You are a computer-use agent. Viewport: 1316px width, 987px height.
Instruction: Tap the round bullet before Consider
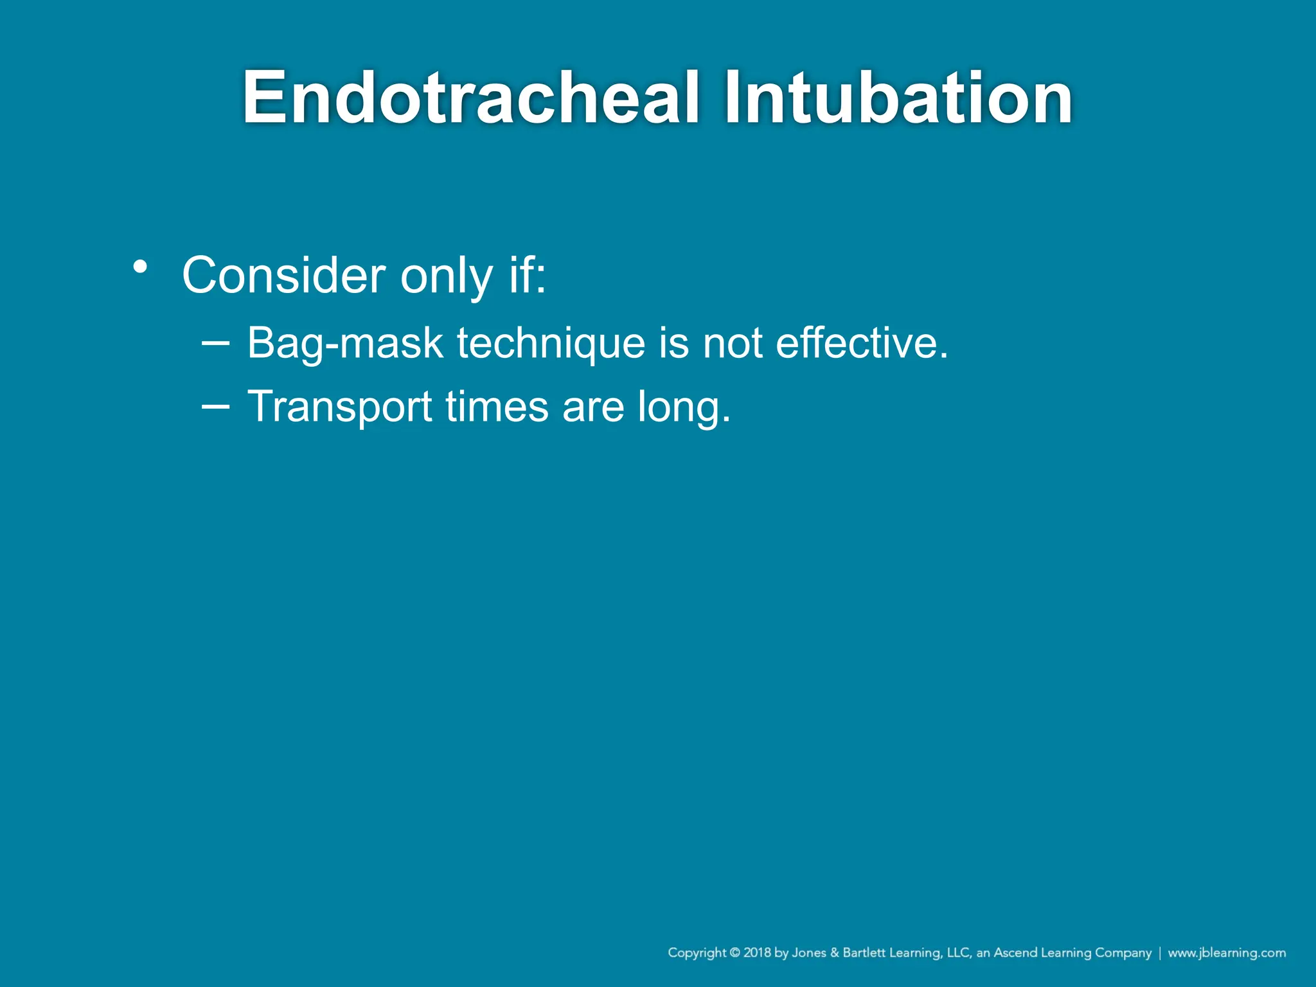[x=141, y=266]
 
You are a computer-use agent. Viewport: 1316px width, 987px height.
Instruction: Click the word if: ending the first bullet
[x=528, y=276]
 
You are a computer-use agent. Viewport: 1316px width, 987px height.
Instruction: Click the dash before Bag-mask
[x=215, y=342]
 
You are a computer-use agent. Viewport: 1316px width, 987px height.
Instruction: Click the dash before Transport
[x=215, y=406]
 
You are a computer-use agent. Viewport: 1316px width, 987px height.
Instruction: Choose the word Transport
[x=340, y=407]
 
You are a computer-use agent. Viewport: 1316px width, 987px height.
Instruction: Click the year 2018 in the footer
[x=758, y=953]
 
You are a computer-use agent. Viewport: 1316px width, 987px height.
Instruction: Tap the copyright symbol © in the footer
[x=735, y=953]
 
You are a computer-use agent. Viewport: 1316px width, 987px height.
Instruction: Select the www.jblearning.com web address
[x=1227, y=953]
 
